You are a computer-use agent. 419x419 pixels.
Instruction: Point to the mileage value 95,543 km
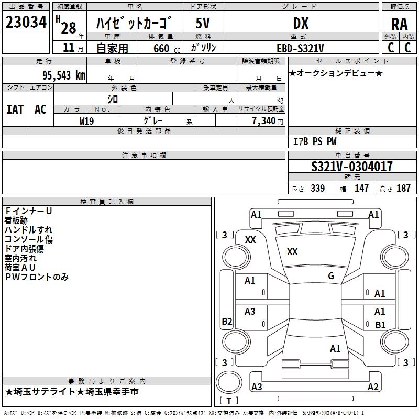(x=63, y=75)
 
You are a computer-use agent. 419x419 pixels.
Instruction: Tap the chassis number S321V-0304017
(x=351, y=167)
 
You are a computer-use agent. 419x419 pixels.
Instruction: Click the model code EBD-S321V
(x=300, y=48)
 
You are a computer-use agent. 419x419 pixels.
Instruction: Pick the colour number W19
(x=86, y=120)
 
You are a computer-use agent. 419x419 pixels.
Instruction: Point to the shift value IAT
(x=15, y=109)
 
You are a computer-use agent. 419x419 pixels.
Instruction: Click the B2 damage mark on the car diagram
(x=227, y=322)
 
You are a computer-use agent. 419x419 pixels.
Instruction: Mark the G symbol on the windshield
(x=331, y=276)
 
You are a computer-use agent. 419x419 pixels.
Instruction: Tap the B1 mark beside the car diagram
(x=380, y=325)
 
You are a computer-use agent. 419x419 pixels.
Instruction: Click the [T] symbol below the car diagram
(x=229, y=401)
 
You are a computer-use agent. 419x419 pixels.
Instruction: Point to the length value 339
(x=317, y=188)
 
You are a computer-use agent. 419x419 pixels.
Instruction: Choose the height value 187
(x=403, y=188)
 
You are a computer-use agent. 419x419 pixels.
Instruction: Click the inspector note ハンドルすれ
(x=28, y=230)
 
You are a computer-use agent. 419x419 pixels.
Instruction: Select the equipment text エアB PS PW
(x=314, y=141)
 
